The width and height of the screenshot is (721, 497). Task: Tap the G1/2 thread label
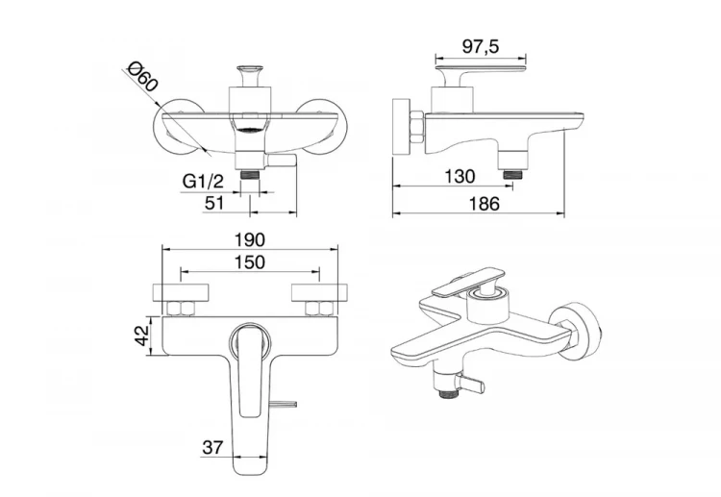click(203, 181)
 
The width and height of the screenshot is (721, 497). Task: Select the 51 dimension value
click(213, 202)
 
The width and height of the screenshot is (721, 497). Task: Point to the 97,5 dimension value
click(480, 46)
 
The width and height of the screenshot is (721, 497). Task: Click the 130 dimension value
click(460, 176)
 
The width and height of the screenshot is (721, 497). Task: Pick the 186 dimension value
click(485, 203)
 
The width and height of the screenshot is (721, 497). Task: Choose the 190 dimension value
click(250, 239)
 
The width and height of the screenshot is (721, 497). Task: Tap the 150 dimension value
click(250, 262)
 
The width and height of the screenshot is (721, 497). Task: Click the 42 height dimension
click(143, 335)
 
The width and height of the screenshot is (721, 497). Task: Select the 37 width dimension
click(212, 446)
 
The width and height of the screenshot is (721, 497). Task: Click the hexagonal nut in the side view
click(415, 126)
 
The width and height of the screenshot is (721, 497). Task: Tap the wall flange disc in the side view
click(401, 126)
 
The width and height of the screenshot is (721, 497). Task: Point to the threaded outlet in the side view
click(512, 174)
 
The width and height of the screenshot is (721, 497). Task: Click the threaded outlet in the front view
click(251, 175)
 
